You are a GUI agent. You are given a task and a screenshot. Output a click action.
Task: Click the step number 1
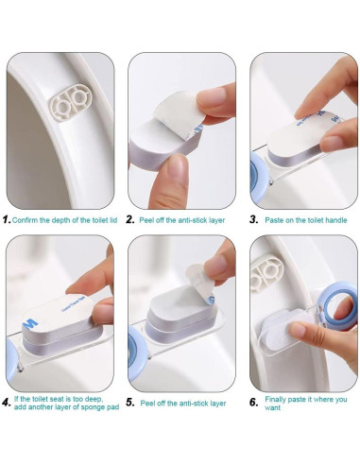coord(7,219)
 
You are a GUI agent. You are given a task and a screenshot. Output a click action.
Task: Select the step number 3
coord(254,219)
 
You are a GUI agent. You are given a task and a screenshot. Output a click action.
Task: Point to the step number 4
coord(7,403)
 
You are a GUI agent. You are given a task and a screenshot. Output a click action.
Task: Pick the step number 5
coord(130,403)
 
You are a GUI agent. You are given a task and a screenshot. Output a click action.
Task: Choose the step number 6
coord(254,403)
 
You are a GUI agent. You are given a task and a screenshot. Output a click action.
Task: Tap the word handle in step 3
coord(336,220)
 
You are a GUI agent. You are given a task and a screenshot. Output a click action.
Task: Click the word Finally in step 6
coord(275,400)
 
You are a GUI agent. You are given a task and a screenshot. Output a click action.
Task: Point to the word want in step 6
coord(272,407)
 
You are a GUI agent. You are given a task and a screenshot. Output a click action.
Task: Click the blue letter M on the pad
coord(31,323)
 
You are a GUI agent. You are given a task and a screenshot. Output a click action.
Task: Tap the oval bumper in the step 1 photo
coord(71,103)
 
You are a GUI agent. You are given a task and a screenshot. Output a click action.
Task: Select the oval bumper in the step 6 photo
coord(267,272)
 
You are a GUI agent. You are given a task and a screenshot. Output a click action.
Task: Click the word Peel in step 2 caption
coord(146,220)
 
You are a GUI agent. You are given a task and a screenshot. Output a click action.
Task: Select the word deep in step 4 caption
coord(94,399)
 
